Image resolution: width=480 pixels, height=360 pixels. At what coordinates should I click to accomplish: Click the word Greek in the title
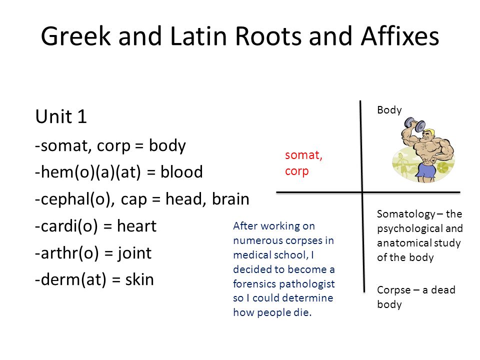pos(75,36)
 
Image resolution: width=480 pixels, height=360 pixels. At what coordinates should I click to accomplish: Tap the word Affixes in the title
pos(400,36)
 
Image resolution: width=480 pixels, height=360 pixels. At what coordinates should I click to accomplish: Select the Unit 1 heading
pos(61,116)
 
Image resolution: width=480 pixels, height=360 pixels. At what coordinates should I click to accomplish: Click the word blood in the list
pos(181,171)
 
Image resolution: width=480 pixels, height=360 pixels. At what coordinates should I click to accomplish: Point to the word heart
pos(136,226)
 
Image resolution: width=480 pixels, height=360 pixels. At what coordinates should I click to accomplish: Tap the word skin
pos(139,279)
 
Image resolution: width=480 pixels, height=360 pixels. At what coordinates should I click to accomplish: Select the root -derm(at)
pos(70,280)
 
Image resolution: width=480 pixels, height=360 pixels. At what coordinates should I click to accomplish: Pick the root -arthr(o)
pos(66,253)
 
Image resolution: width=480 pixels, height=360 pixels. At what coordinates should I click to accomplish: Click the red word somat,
pos(303,155)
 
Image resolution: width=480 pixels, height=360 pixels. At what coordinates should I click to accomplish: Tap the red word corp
pos(296,171)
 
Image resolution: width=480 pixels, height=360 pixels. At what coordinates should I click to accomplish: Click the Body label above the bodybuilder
pos(389,110)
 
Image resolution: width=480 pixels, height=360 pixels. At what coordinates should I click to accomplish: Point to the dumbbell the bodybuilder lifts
pos(415,124)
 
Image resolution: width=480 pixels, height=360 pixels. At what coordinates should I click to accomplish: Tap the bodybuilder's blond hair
pos(430,132)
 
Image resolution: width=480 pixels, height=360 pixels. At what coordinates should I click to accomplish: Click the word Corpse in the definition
pos(393,290)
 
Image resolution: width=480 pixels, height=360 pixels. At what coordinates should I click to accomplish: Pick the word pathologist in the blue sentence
pos(309,284)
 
